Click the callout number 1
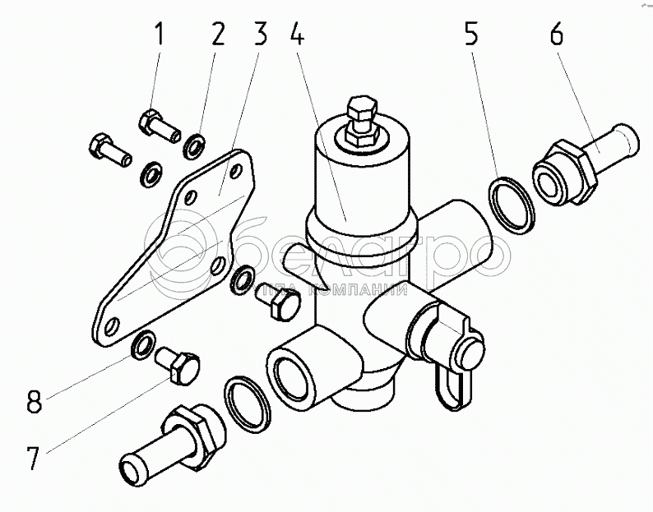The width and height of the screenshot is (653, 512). pos(160,36)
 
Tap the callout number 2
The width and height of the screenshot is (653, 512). pos(218,36)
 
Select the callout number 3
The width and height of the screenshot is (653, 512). pos(261,36)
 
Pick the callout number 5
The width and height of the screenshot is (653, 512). pos(470,36)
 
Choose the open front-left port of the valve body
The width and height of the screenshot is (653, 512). pos(297,369)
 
